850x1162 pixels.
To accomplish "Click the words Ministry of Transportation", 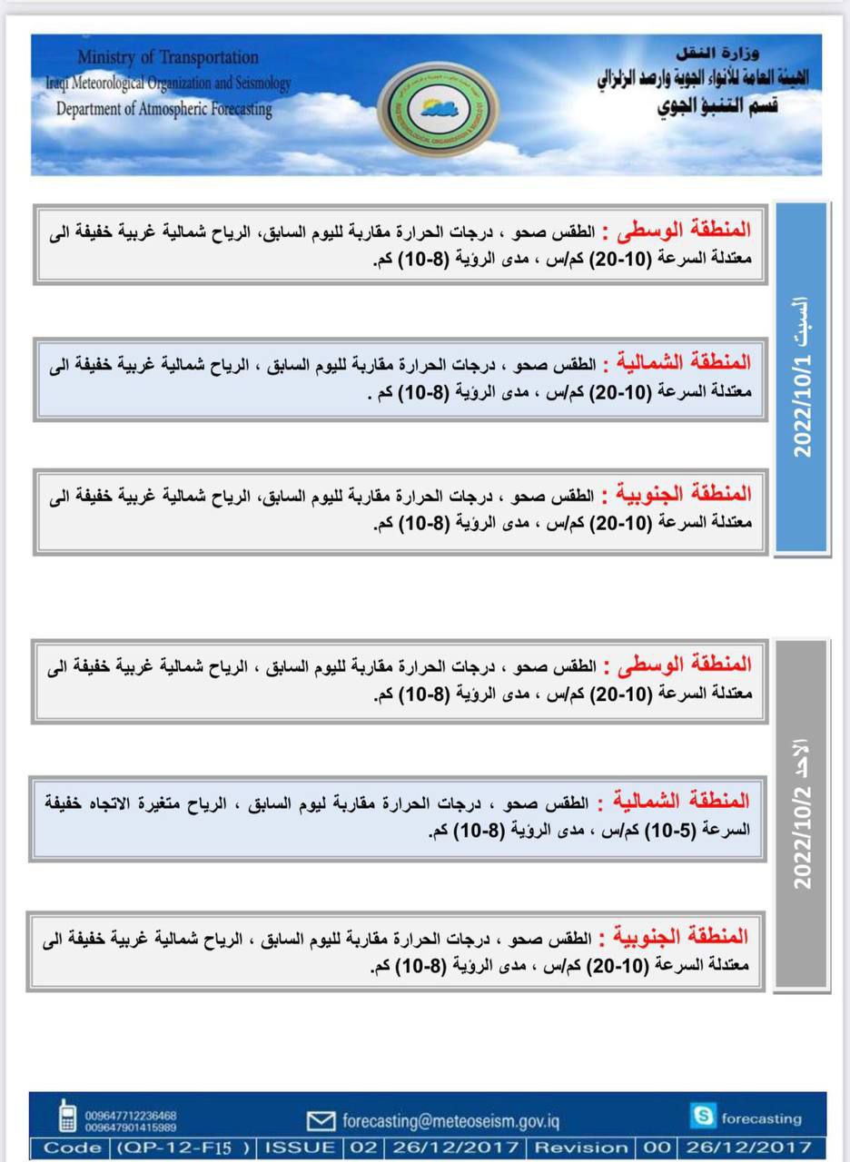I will (x=168, y=57).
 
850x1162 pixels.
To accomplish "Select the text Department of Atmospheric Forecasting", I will (x=163, y=109).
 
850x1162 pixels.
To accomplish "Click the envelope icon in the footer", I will (x=321, y=1122).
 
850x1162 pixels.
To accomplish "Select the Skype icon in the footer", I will (x=701, y=1116).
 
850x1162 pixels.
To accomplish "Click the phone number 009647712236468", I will (x=131, y=1115).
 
